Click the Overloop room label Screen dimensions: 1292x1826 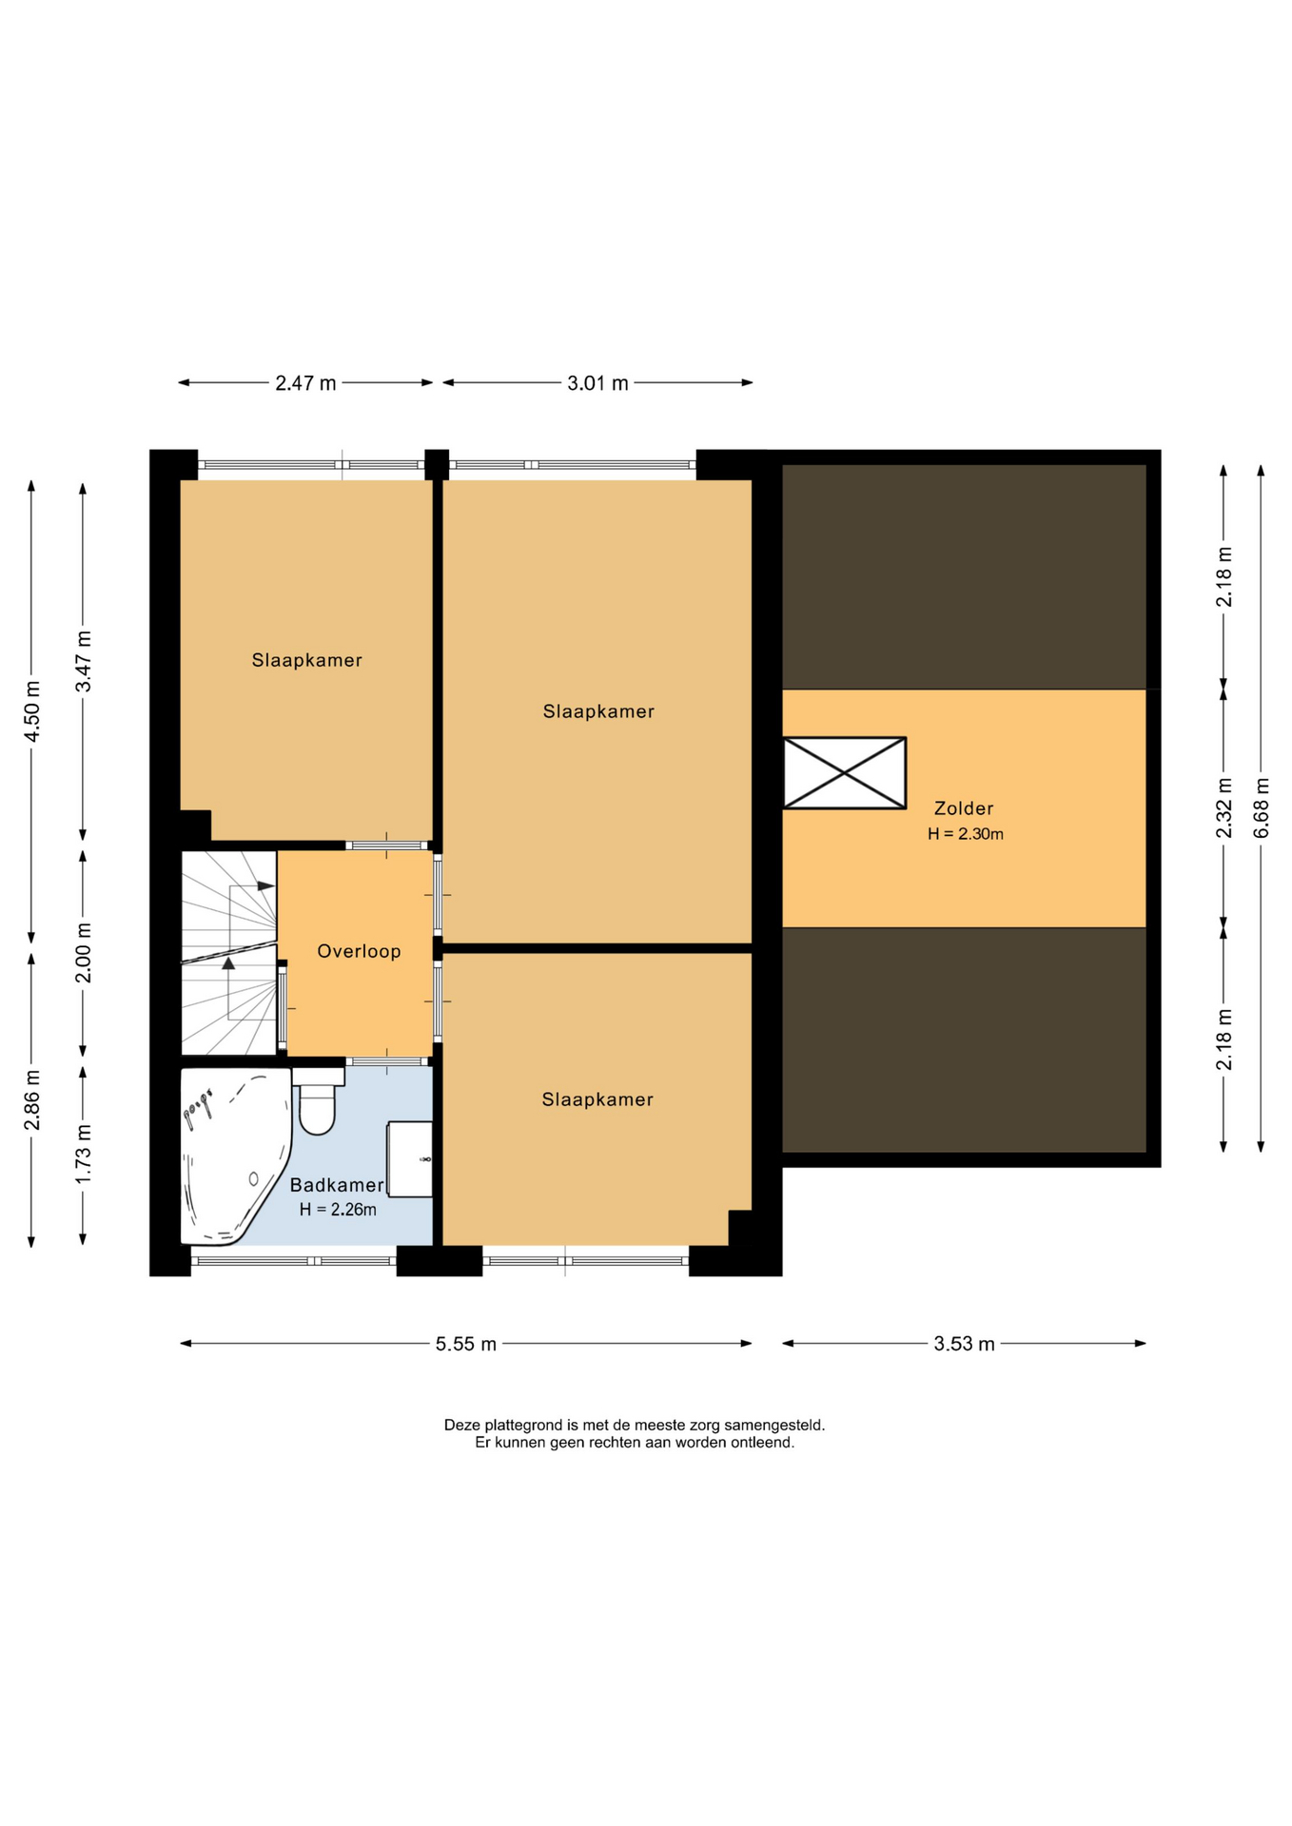[359, 951]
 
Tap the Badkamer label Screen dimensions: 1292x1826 [337, 1185]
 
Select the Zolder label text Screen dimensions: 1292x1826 [964, 808]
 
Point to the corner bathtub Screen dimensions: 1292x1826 [235, 1156]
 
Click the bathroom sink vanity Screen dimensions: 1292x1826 [410, 1159]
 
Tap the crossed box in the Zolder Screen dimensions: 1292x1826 [844, 773]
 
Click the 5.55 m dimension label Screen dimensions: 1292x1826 [466, 1344]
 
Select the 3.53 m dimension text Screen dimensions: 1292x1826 [964, 1344]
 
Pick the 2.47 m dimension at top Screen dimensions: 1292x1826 [305, 383]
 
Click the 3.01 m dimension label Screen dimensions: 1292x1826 [597, 383]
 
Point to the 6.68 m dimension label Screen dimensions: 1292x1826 [1262, 807]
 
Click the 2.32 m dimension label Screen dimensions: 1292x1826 [1224, 807]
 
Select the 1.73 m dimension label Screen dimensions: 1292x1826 [84, 1154]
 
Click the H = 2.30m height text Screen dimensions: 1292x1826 [966, 834]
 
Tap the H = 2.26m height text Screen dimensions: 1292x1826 [338, 1210]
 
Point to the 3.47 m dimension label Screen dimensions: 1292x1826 [84, 661]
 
